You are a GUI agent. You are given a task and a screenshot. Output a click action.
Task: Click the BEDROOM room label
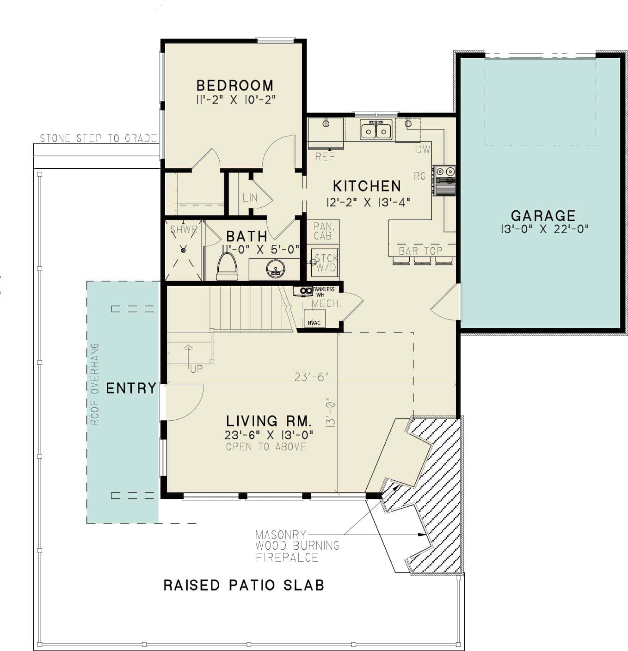[x=234, y=86]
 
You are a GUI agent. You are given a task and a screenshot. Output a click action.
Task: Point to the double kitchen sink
[x=376, y=130]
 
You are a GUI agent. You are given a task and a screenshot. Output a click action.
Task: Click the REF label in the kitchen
[x=325, y=157]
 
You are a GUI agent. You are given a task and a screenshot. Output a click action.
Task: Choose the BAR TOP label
[x=420, y=251]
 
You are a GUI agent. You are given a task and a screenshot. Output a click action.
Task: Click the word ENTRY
[x=131, y=388]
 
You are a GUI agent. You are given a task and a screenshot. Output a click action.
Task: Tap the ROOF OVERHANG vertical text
[x=95, y=384]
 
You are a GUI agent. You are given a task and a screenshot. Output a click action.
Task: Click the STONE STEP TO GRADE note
[x=98, y=138]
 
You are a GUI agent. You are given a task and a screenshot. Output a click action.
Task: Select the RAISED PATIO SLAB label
[x=244, y=585]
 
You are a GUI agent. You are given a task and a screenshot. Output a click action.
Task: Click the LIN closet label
[x=250, y=198]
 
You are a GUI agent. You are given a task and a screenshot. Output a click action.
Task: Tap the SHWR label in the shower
[x=184, y=229]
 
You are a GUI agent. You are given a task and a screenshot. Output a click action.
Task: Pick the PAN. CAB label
[x=323, y=231]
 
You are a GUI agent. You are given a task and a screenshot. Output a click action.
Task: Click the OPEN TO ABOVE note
[x=266, y=447]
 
